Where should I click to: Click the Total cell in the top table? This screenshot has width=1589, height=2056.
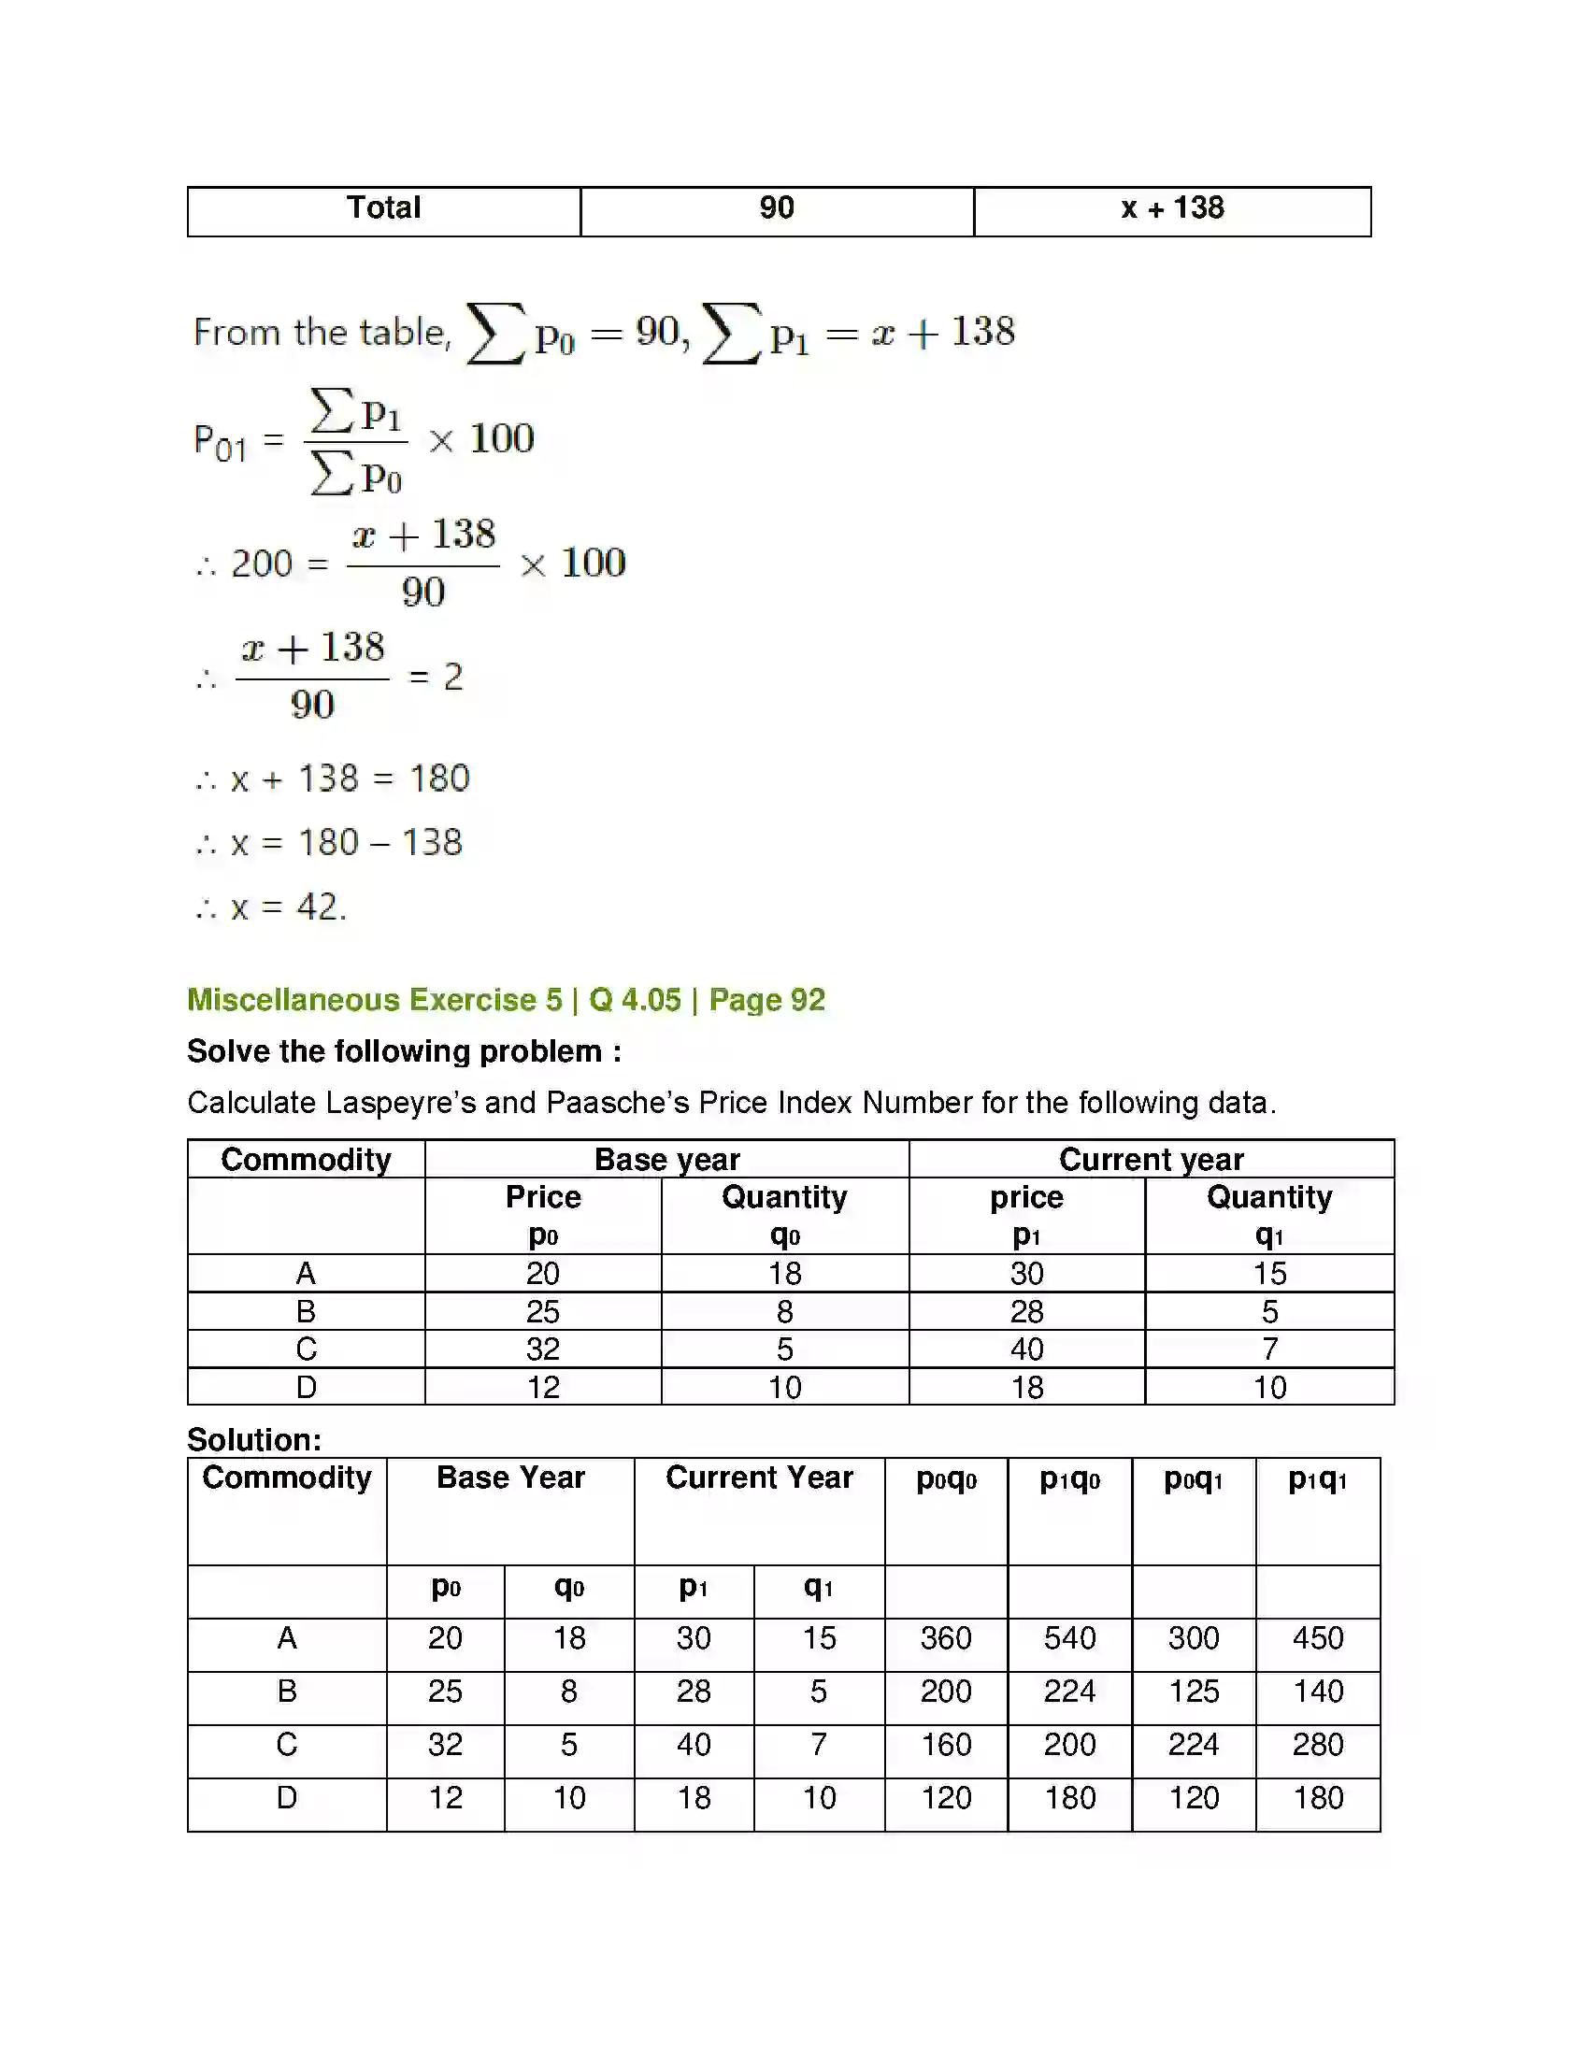pos(383,208)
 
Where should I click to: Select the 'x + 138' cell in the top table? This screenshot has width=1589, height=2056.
pos(1171,208)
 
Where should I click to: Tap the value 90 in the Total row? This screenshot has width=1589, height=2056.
pos(777,208)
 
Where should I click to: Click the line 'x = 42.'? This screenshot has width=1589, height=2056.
pos(273,907)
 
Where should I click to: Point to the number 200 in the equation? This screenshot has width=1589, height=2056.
pos(262,564)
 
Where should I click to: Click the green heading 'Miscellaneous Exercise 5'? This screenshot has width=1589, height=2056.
pos(375,1000)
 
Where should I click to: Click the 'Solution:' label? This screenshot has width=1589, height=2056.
pos(254,1439)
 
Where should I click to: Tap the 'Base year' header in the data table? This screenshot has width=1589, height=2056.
pos(666,1160)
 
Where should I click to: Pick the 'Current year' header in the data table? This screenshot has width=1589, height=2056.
pos(1151,1160)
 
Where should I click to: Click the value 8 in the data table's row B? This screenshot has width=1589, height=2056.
pos(784,1311)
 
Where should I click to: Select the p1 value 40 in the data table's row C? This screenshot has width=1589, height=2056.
pos(1026,1349)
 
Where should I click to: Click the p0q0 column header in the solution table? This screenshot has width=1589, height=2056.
pos(946,1480)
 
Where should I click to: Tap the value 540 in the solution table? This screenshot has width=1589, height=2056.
pos(1069,1638)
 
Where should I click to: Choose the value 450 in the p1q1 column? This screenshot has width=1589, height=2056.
pos(1318,1638)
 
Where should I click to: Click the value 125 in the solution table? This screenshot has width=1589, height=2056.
pos(1194,1692)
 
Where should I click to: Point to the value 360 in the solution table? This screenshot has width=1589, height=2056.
pos(946,1638)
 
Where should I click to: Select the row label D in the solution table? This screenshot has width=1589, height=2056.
pos(287,1798)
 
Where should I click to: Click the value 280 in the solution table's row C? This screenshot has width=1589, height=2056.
pos(1318,1745)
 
